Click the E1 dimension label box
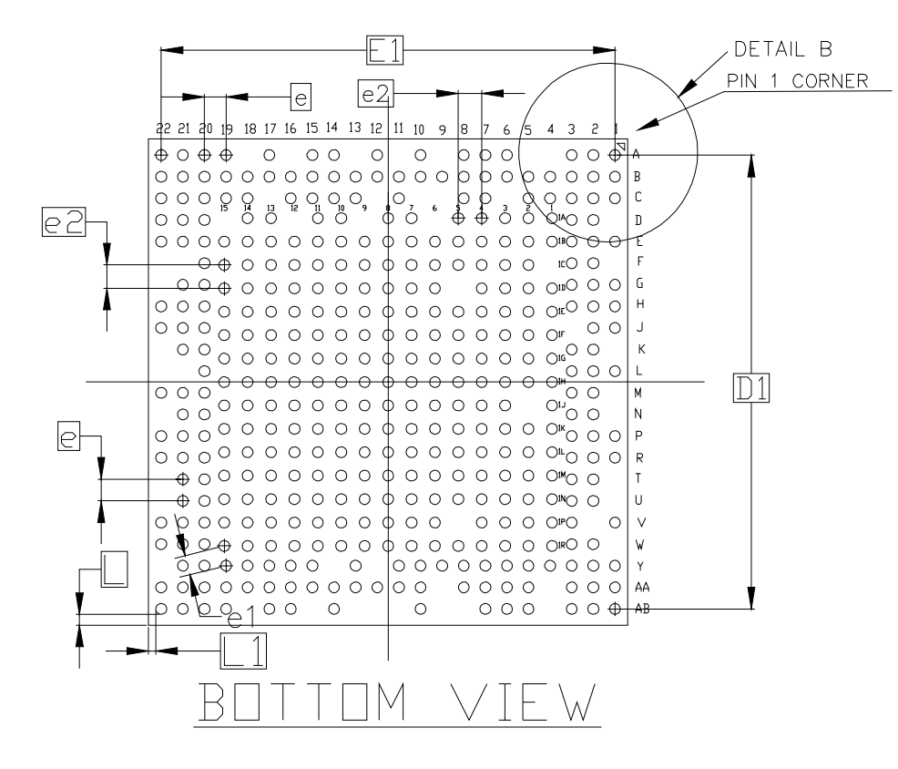(381, 50)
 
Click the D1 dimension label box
(752, 389)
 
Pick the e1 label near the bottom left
(240, 620)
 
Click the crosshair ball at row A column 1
(615, 156)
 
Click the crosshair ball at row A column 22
(161, 155)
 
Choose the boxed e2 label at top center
(375, 92)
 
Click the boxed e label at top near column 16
(300, 94)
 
